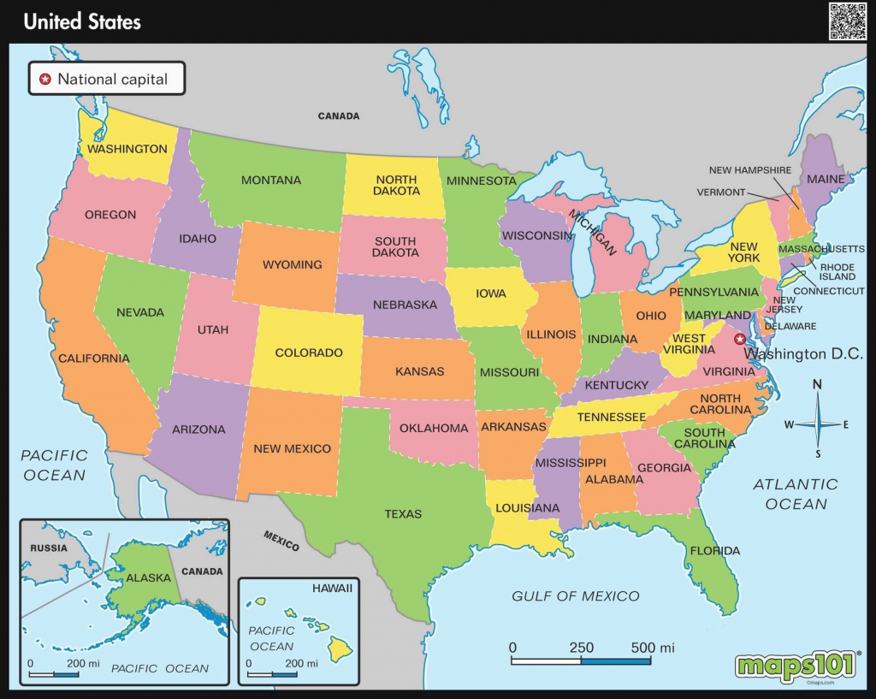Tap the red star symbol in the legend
(45, 80)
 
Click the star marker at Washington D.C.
(740, 338)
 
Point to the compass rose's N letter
(817, 385)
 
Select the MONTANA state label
(271, 181)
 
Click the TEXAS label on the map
(403, 514)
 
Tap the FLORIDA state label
(715, 550)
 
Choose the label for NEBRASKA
(405, 305)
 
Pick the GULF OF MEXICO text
(575, 596)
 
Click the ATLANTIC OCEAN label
(796, 495)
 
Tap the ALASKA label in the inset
(149, 578)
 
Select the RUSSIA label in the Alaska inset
(48, 547)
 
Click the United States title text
(82, 21)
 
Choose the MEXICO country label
(281, 541)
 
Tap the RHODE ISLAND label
(838, 270)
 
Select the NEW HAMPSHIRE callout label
(750, 170)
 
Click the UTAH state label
(212, 329)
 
